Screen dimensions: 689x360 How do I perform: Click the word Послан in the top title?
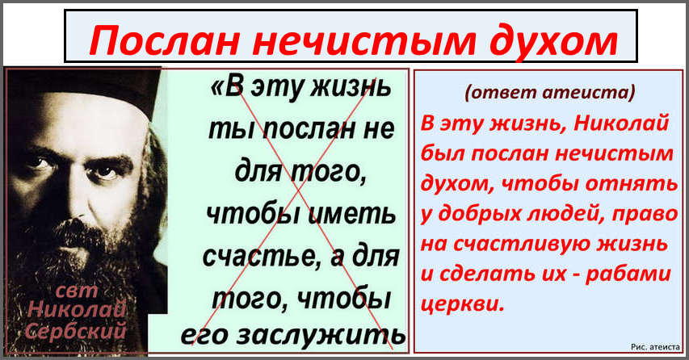click(166, 40)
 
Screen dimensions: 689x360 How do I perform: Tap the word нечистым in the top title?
click(364, 41)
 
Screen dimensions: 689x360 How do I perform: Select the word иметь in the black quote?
click(351, 214)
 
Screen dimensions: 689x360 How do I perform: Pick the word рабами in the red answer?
click(628, 274)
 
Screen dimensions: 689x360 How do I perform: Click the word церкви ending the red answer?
click(462, 303)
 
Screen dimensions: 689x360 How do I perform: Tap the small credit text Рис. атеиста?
click(655, 347)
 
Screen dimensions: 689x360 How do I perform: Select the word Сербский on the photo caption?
click(76, 329)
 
